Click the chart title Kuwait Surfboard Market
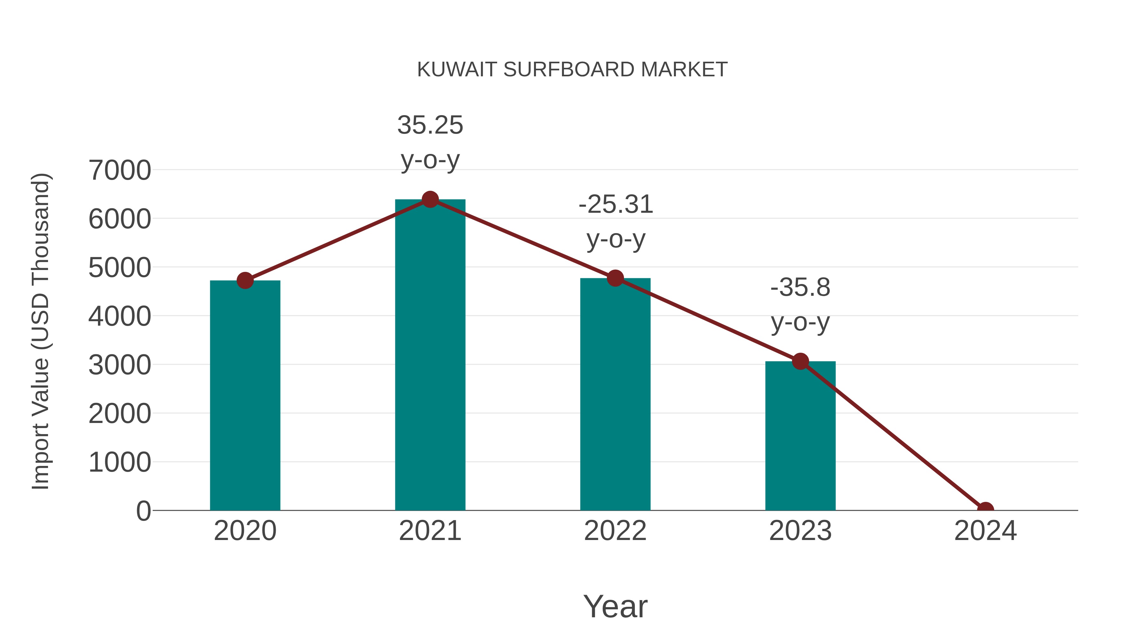click(x=572, y=70)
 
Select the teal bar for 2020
click(x=245, y=396)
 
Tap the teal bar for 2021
click(x=430, y=356)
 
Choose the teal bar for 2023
click(x=800, y=436)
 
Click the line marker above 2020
click(x=245, y=280)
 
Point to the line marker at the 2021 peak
click(x=430, y=199)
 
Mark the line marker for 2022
click(x=615, y=278)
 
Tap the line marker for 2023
click(x=800, y=361)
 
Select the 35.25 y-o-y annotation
click(x=430, y=142)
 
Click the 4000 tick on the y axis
click(x=120, y=316)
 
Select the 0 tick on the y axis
click(x=143, y=511)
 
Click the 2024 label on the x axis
click(x=985, y=531)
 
